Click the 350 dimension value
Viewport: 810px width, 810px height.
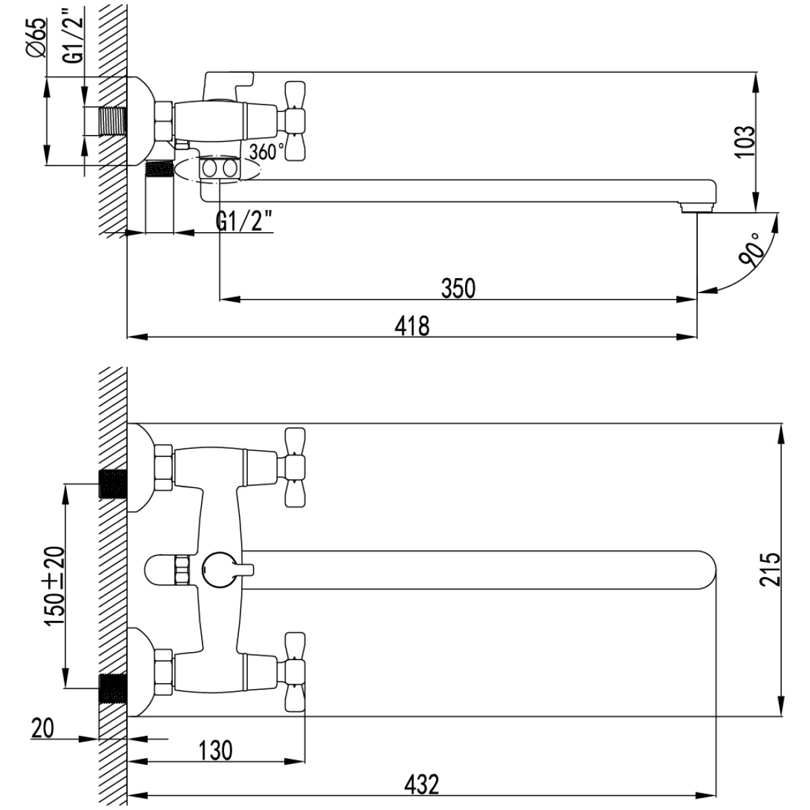(458, 288)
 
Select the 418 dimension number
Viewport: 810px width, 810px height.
(412, 326)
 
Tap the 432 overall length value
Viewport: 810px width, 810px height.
(422, 784)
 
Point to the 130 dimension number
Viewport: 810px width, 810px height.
(215, 751)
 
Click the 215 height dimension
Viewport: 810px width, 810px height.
(770, 570)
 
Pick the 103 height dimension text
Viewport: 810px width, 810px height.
(745, 141)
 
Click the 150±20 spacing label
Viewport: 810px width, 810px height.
(55, 587)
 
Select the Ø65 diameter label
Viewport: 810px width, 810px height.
(36, 38)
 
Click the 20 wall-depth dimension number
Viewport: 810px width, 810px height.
(43, 728)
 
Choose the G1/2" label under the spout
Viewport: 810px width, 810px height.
(244, 221)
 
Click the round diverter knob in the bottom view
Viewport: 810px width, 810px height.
(219, 570)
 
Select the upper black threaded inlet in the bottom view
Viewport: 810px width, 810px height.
(113, 483)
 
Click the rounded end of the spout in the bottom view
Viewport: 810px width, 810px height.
(707, 570)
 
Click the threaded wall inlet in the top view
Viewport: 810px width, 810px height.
(112, 122)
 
